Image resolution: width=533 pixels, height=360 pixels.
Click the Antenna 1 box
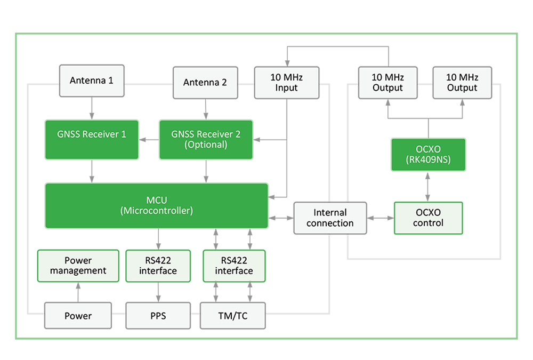pyautogui.click(x=92, y=81)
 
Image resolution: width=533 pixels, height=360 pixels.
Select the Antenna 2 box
pyautogui.click(x=205, y=82)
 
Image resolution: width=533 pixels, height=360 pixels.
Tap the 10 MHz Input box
pyautogui.click(x=286, y=82)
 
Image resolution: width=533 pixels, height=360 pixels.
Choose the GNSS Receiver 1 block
pyautogui.click(x=92, y=139)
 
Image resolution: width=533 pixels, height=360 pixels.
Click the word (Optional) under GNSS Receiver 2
pyautogui.click(x=205, y=145)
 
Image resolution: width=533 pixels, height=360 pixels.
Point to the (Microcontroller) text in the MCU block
pyautogui.click(x=156, y=211)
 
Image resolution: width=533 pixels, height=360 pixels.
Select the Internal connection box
pyautogui.click(x=330, y=218)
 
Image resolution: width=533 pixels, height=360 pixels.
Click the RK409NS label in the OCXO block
pyautogui.click(x=428, y=159)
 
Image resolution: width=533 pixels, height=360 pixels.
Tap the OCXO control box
pyautogui.click(x=428, y=218)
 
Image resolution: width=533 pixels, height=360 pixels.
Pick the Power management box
pyautogui.click(x=78, y=266)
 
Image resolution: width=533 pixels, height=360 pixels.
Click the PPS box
pyautogui.click(x=158, y=316)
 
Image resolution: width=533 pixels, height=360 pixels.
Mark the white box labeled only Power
pyautogui.click(x=78, y=316)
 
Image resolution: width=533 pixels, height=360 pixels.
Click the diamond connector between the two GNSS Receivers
pyautogui.click(x=149, y=140)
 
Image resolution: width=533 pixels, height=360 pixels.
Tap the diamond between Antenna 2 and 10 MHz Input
pyautogui.click(x=246, y=83)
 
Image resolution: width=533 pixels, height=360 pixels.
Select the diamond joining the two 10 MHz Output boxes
pyautogui.click(x=425, y=83)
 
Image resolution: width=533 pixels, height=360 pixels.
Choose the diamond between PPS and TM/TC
pyautogui.click(x=195, y=316)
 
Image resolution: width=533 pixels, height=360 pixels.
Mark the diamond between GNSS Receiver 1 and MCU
pyautogui.click(x=92, y=171)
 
